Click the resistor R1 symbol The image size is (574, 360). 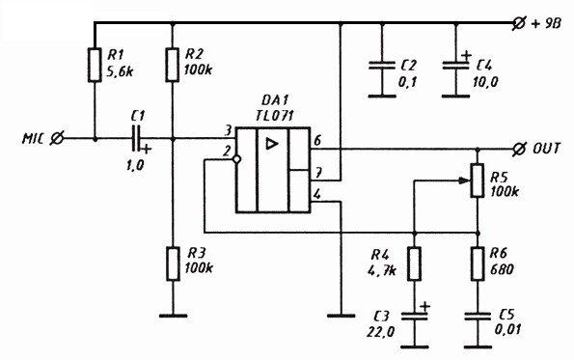pos(95,65)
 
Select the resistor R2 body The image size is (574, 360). pos(173,65)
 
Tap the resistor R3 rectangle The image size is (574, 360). pos(173,263)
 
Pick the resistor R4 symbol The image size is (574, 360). pos(415,263)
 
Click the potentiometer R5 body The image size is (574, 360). pos(478,180)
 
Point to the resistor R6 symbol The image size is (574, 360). pos(478,263)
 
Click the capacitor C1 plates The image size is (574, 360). pos(136,138)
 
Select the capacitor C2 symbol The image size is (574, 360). pos(382,66)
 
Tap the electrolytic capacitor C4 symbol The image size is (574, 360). pos(455,66)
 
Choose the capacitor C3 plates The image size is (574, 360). pos(415,316)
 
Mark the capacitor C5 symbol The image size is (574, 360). pos(478,317)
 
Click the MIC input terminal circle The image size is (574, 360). pos(57,138)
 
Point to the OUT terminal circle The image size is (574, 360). pos(518,149)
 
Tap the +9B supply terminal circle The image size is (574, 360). pos(519,23)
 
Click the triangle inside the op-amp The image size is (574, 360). pos(271,144)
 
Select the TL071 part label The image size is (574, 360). pos(275,115)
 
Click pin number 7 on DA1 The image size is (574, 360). pos(319,172)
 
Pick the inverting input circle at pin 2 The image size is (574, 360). pos(236,159)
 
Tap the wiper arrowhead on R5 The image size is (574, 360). pos(465,180)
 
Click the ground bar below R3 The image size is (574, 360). pos(173,316)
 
